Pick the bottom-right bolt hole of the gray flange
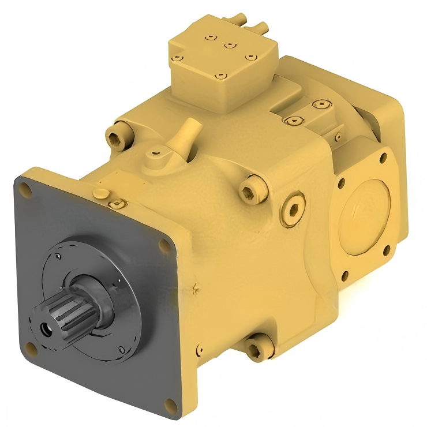tap(168, 403)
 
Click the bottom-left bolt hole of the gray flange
tap(32, 349)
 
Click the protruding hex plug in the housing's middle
tap(253, 190)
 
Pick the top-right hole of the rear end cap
tap(382, 156)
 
